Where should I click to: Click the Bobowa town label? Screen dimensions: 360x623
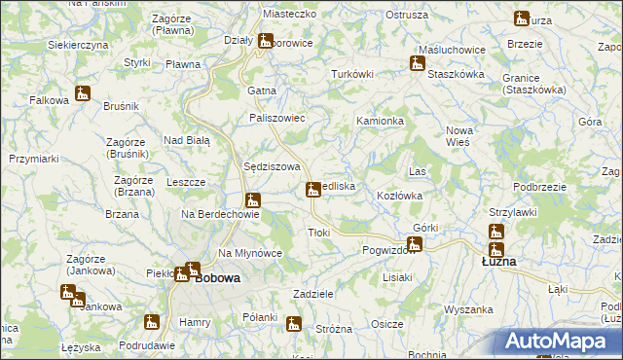(217, 277)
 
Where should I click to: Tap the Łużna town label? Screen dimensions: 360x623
(499, 263)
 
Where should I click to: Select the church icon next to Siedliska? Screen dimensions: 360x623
(313, 189)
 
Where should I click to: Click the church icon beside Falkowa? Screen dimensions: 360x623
(83, 94)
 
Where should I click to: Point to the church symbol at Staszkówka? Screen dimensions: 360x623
(418, 65)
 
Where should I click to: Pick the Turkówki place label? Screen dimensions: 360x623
(352, 74)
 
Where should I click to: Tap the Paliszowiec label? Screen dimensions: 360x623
(278, 118)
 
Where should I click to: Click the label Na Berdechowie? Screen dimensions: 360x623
(220, 214)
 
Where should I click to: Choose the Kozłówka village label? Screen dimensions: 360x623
(399, 196)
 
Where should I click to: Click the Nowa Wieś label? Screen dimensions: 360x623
(458, 135)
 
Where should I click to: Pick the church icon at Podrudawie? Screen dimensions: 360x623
(152, 322)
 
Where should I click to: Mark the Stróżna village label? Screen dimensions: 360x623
(334, 329)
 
